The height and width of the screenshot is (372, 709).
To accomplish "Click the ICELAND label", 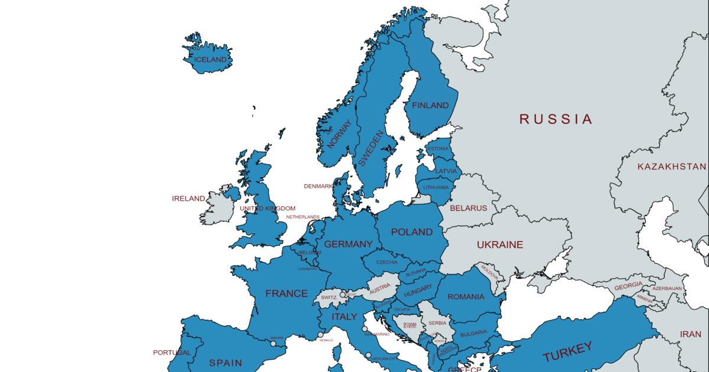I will (210, 60).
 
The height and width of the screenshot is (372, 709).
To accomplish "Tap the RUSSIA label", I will (555, 119).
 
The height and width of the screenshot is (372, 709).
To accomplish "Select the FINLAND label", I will (430, 106).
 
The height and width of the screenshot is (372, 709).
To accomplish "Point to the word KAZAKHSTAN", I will (672, 167).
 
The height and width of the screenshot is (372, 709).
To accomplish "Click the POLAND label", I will (412, 232).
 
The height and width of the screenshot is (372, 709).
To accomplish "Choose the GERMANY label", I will (349, 244).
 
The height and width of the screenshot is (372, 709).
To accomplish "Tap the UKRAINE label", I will (500, 244).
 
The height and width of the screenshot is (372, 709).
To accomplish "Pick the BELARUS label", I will (469, 208).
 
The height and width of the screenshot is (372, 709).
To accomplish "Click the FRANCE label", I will (287, 293).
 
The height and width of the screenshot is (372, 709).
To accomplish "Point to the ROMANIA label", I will (466, 297).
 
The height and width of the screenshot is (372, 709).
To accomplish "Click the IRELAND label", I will (188, 198).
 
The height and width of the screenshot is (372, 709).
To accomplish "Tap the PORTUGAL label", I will (172, 353).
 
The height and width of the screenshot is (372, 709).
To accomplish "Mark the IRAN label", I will (690, 334).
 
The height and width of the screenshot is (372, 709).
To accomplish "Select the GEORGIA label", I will (628, 285).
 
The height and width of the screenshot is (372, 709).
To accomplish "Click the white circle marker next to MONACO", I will (321, 335).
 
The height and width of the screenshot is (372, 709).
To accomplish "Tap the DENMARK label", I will (318, 186).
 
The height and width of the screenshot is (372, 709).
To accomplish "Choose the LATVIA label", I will (445, 171).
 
